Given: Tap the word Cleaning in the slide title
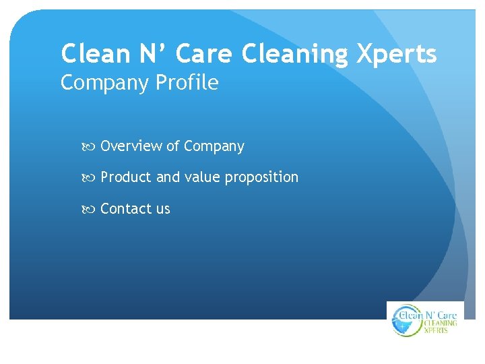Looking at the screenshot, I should click(294, 54).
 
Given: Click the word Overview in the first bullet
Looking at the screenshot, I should click(131, 146).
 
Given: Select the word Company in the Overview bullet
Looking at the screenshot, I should click(214, 147).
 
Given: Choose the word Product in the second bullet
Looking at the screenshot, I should click(126, 177).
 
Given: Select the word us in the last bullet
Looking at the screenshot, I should click(163, 210).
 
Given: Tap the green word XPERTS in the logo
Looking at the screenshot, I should click(437, 330).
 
